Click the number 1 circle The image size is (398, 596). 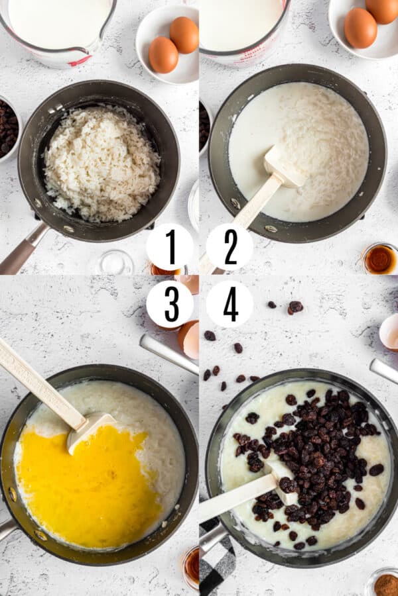(x=170, y=247)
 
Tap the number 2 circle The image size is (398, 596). (x=230, y=247)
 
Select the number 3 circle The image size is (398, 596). (x=170, y=304)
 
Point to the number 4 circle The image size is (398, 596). (x=230, y=304)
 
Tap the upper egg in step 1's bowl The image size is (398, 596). (x=184, y=34)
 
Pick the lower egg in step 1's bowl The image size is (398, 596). (x=163, y=55)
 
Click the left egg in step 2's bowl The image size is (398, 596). (x=360, y=28)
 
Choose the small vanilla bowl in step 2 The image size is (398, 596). (x=380, y=259)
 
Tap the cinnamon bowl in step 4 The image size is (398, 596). (x=385, y=583)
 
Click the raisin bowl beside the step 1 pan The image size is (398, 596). (x=7, y=128)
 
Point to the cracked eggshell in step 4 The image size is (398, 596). (x=389, y=332)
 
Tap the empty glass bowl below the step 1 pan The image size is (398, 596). (x=113, y=263)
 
